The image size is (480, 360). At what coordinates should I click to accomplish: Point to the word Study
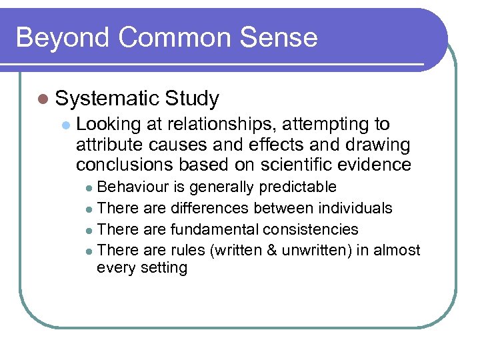192,99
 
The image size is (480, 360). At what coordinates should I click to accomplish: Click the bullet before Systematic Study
44,99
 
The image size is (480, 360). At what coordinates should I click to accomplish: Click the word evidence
378,164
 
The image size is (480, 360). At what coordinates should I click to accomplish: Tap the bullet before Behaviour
91,187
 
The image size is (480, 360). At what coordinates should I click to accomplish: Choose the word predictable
297,187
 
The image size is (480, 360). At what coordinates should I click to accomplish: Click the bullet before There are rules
91,251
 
